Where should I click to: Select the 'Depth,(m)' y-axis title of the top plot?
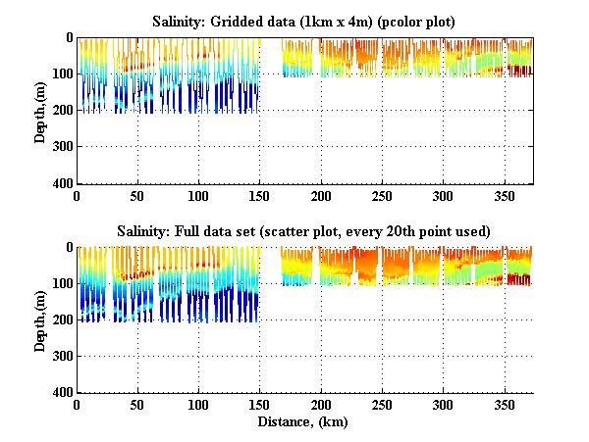40,110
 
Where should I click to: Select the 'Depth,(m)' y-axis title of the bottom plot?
40,319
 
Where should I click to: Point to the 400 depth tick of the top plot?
62,183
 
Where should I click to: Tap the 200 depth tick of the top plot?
62,111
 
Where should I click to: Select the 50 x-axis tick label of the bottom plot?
138,405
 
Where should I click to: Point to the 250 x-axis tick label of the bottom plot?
382,405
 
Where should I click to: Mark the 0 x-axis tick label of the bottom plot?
78,405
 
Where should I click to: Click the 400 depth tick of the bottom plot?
62,392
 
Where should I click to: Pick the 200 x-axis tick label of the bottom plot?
321,405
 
